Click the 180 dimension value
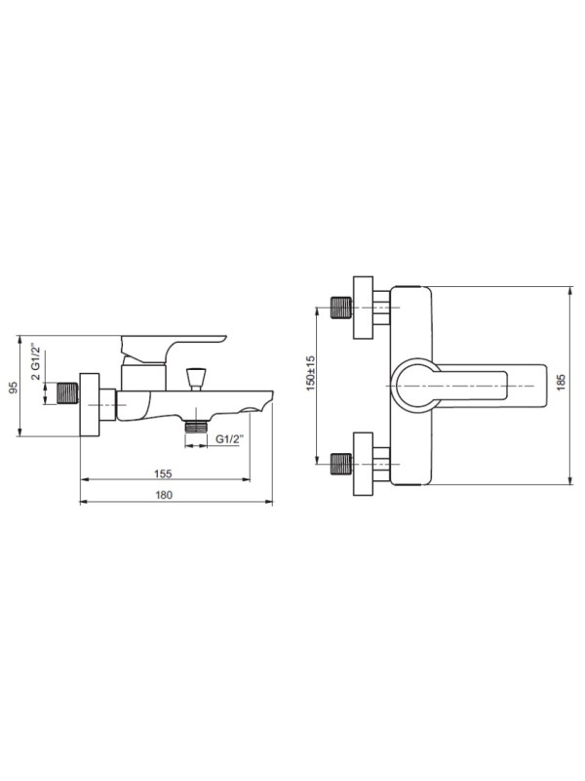[163, 495]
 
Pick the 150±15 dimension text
[310, 374]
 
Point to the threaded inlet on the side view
[67, 395]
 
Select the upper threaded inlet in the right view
[340, 308]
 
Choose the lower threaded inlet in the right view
[340, 463]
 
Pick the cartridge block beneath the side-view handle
[142, 377]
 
